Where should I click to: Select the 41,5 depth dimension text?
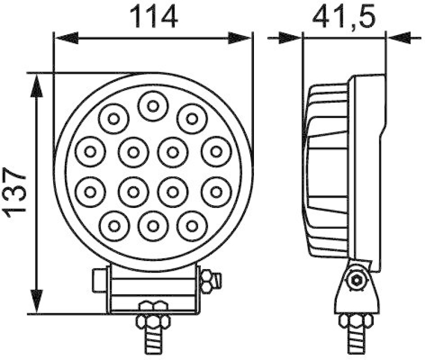[344, 17]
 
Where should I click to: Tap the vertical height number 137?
[16, 192]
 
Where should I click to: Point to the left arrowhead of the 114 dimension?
[66, 38]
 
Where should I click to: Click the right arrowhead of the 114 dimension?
[240, 38]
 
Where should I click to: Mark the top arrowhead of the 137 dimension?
[36, 86]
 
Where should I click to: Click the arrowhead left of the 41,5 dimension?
[290, 37]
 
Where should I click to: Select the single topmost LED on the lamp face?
[153, 106]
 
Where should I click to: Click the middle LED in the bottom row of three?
[153, 225]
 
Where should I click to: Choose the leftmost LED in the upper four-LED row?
[90, 152]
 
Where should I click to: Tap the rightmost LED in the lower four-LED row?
[216, 190]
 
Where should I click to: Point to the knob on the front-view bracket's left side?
[99, 280]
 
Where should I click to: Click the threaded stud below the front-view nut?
[153, 342]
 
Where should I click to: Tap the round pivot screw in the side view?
[355, 280]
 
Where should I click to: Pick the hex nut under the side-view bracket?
[356, 321]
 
